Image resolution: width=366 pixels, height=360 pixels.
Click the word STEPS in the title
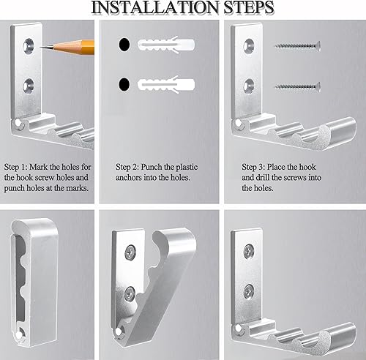coord(249,7)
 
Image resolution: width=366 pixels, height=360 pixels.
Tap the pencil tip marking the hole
coord(41,48)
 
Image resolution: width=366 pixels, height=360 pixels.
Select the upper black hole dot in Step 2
coord(124,45)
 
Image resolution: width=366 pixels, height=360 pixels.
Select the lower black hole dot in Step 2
coord(124,84)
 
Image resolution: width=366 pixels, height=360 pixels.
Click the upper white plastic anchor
coord(166,44)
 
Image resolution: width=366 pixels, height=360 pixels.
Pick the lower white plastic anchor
coord(166,84)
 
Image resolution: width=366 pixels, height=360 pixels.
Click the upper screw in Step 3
coord(298,46)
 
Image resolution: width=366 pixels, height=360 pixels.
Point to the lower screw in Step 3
coord(298,87)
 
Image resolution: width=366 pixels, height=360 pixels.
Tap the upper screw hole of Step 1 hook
coord(29,45)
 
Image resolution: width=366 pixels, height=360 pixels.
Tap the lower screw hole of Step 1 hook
coord(29,86)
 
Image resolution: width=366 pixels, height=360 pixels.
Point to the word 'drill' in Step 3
coord(263,178)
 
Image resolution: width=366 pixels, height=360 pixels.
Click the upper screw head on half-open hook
coord(130,252)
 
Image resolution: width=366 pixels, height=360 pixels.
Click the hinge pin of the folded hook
coord(18,335)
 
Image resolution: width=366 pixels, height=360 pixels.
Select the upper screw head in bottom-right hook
coord(249,252)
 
